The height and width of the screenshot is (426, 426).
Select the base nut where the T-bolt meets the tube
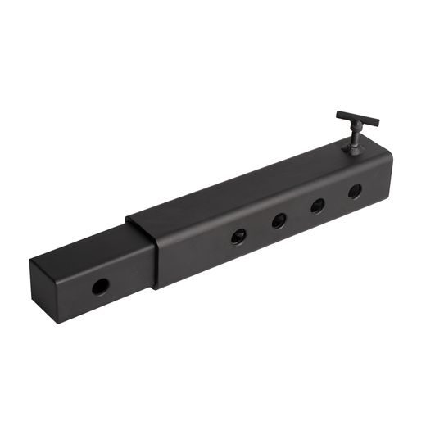tap(354, 148)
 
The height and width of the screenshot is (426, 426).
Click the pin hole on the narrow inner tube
tap(100, 287)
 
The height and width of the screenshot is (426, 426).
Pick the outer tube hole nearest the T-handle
tap(355, 192)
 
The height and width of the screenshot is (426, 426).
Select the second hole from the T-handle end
tap(316, 206)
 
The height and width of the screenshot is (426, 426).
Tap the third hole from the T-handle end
tap(279, 220)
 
